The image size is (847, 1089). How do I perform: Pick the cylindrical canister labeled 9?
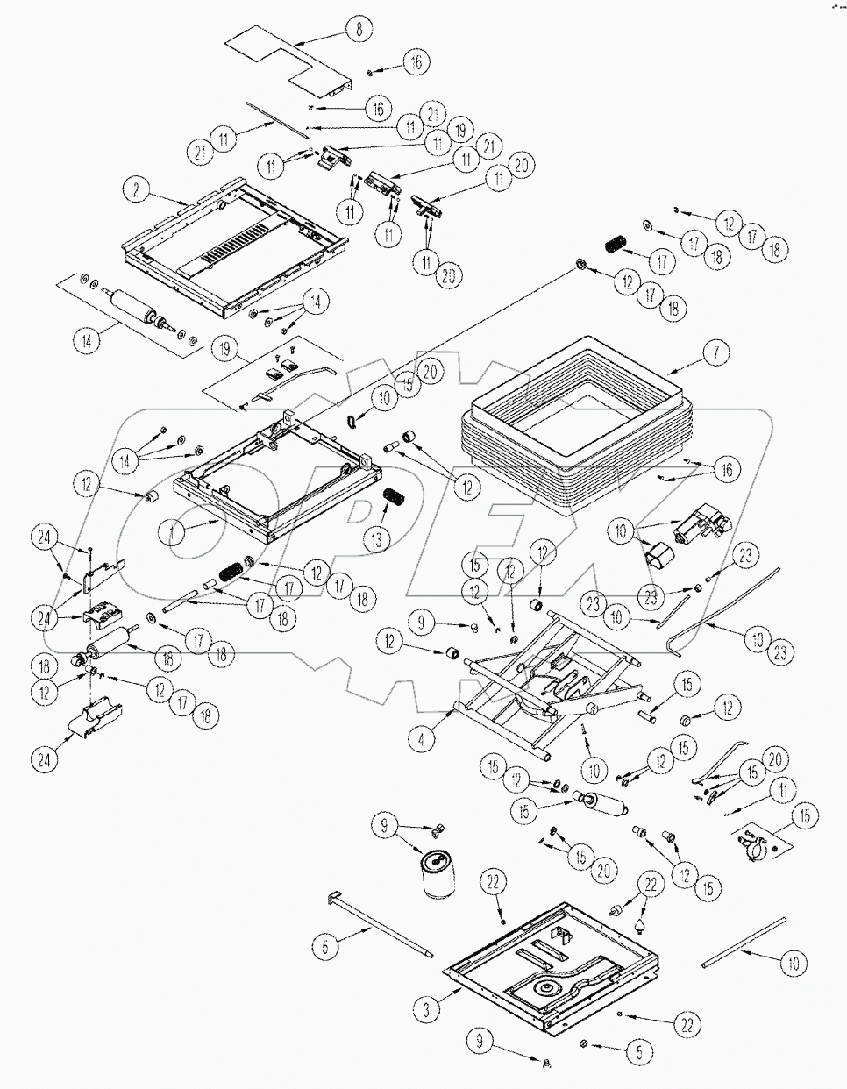click(x=438, y=873)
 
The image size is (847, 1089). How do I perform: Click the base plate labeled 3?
click(x=552, y=964)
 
